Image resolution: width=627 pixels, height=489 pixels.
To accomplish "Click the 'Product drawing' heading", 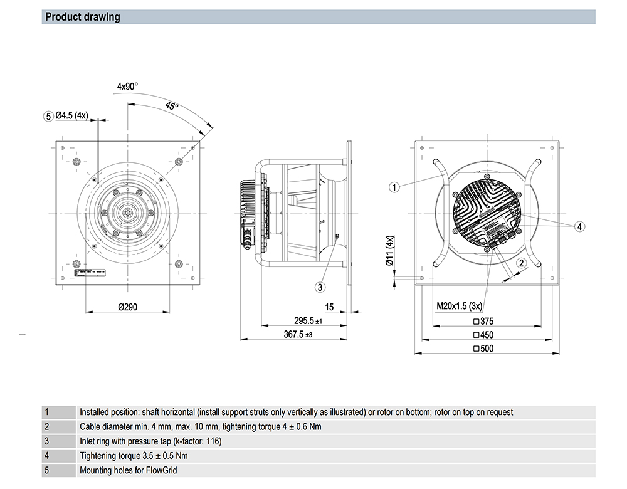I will coord(83,17).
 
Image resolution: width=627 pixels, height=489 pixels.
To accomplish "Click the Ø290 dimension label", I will coord(127,307).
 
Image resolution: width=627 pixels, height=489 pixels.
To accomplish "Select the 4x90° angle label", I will coord(127,87).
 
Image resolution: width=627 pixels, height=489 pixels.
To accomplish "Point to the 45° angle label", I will coord(171,107).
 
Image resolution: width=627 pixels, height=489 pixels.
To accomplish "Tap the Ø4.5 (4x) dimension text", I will coord(72,116).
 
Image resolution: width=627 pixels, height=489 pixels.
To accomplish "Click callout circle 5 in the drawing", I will coord(48,116).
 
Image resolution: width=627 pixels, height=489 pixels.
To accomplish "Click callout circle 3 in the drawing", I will coord(320,287).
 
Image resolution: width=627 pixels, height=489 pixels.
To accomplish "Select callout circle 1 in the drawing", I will coord(394,186).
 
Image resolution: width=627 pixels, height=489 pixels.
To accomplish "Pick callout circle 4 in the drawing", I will coord(580,226).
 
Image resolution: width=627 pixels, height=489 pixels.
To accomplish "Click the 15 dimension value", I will coord(329,307).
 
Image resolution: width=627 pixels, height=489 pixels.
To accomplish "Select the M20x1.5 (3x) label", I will coord(460,307).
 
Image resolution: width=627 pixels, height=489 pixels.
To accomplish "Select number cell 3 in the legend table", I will coord(46,441).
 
